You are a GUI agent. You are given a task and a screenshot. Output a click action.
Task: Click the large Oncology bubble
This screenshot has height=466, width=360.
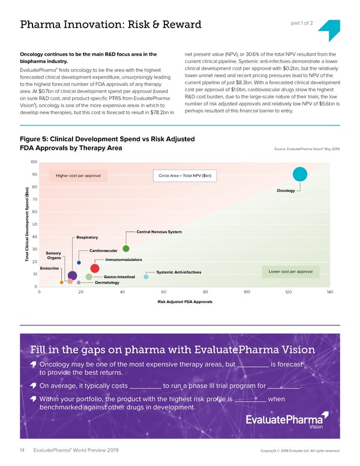point(300,174)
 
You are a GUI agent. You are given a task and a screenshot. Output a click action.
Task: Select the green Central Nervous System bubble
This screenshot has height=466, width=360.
point(126,249)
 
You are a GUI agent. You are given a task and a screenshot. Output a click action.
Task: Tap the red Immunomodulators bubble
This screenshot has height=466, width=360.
point(94,269)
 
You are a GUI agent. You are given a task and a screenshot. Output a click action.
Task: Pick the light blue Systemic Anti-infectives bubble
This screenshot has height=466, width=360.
point(146,277)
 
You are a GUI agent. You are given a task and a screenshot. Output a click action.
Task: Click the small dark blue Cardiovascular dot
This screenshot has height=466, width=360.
point(79,262)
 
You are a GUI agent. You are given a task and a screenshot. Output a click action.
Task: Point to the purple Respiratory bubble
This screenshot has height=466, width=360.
point(73,276)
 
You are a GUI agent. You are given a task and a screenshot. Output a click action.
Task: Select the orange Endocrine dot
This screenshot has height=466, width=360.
point(61,282)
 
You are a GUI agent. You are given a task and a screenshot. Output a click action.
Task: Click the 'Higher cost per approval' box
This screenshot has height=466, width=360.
point(82,176)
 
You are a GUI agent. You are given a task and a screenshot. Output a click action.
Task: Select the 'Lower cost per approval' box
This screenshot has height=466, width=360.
point(290,272)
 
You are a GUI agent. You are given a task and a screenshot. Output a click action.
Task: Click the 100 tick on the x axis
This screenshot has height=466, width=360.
point(247,292)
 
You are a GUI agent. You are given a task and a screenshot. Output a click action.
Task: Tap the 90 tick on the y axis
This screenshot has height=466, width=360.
point(34,175)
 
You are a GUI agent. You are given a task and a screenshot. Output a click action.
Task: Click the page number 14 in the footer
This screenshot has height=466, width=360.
point(23,450)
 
